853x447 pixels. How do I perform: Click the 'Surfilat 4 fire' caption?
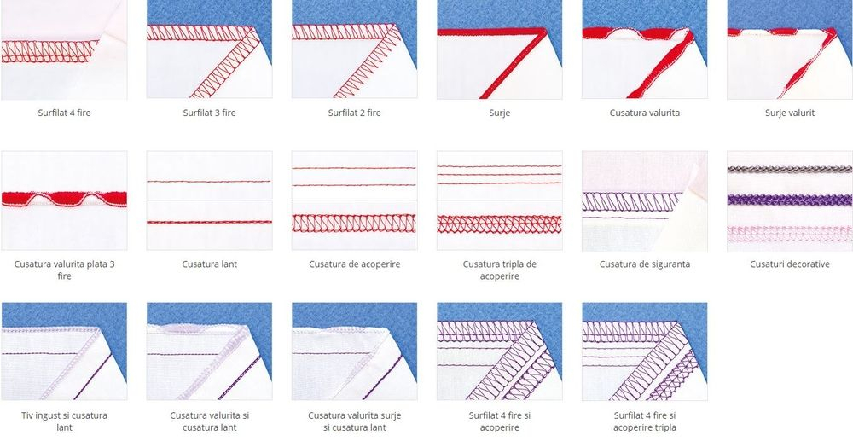point(64,113)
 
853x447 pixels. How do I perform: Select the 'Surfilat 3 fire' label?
point(210,113)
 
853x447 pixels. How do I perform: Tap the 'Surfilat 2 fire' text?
point(354,113)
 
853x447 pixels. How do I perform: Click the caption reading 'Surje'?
point(499,113)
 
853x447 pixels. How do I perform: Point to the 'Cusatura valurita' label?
point(645,113)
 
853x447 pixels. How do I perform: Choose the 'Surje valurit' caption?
point(789,113)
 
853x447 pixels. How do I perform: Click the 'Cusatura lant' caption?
point(210,264)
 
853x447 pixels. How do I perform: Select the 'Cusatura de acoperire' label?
point(354,264)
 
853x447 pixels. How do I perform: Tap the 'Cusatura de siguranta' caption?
point(645,264)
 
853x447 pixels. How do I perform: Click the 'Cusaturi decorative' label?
point(789,264)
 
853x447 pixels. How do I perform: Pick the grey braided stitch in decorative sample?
point(790,170)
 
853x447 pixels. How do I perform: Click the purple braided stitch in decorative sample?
point(790,200)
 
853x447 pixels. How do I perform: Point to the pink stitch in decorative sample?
point(790,234)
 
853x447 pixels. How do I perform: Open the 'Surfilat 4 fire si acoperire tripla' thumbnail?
point(645,351)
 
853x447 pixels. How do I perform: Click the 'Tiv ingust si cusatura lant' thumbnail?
point(64,351)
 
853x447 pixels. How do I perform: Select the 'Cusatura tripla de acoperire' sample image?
point(499,200)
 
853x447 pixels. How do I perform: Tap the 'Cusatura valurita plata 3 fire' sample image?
point(64,200)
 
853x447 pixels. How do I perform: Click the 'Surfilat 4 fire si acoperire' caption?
point(499,421)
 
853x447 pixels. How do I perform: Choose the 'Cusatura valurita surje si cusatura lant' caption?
point(354,421)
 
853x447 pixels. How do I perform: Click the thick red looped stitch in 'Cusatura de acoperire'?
point(354,223)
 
